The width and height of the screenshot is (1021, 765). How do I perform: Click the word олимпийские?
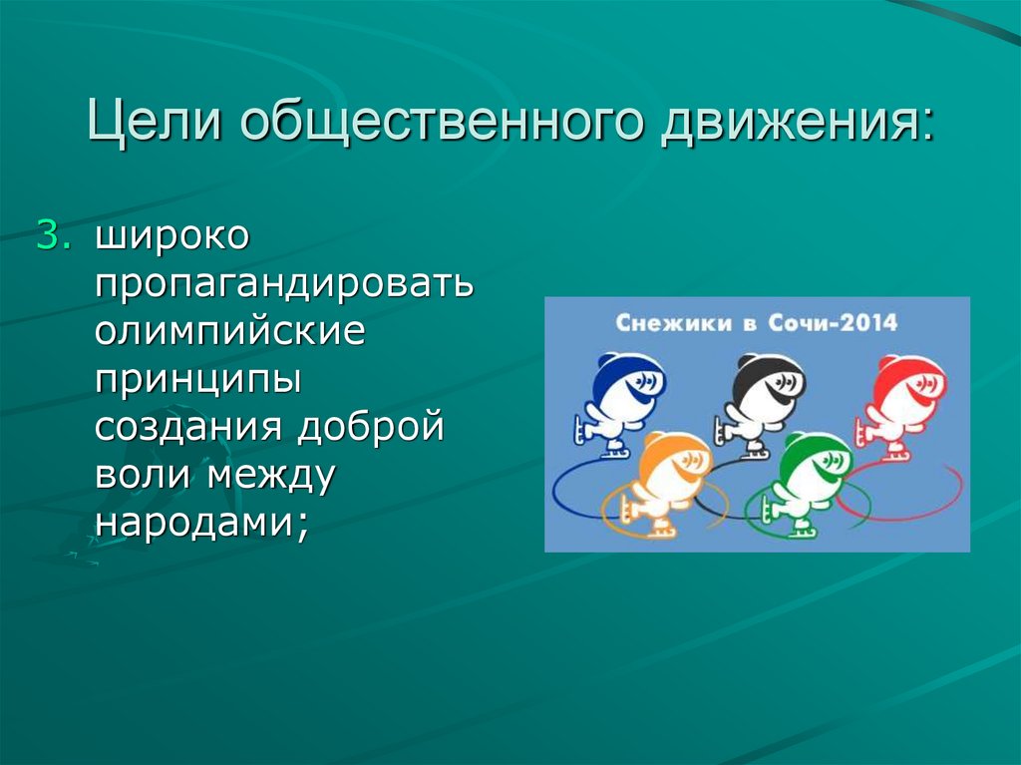tap(230, 331)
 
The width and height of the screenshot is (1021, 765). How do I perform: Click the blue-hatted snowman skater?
tap(617, 399)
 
